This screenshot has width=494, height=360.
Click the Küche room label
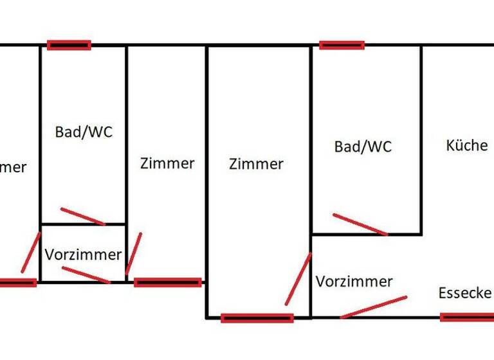coord(466,145)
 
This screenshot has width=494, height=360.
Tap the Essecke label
coord(464,294)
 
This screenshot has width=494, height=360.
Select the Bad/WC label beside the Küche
coord(363,147)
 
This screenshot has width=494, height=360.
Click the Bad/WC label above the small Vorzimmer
coord(84,132)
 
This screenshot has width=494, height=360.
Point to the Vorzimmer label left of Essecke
coord(354,282)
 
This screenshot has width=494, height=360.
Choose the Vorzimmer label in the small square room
coord(83,255)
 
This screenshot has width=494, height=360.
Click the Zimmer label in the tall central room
coord(255,164)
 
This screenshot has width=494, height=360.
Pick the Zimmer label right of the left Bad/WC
coord(167,163)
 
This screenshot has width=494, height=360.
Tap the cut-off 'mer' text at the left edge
coord(13,168)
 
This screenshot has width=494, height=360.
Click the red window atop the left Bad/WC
coord(69,45)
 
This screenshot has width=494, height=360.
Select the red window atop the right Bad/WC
coord(342,45)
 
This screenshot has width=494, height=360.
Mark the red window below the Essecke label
coord(467,316)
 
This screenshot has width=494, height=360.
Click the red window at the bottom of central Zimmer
coord(257,318)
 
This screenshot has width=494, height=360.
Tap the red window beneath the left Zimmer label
coord(167,282)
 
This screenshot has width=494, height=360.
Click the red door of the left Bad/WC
coord(82,217)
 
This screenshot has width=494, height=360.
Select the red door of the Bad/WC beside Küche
coord(360,224)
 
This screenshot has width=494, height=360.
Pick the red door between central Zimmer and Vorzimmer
coord(298,278)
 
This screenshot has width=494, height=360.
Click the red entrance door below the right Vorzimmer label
coord(373,307)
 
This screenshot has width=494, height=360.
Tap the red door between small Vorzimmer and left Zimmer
coord(134,253)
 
